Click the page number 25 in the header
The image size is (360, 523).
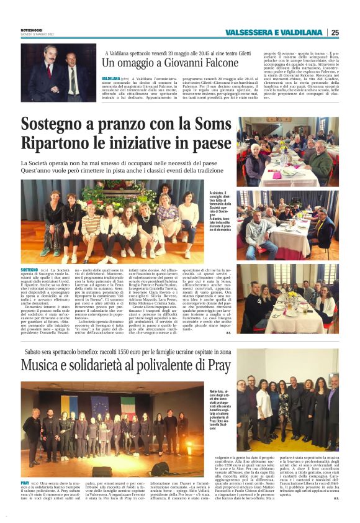pos(335,32)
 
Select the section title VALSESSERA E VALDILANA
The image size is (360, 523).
pos(276,32)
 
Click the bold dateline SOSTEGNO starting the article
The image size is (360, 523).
pos(29,271)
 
